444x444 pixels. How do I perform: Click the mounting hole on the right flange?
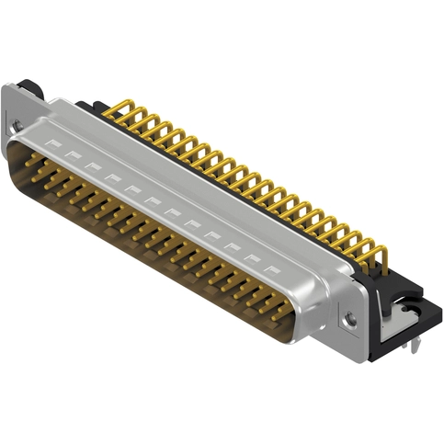click(350, 319)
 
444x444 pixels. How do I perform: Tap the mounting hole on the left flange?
click(17, 125)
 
